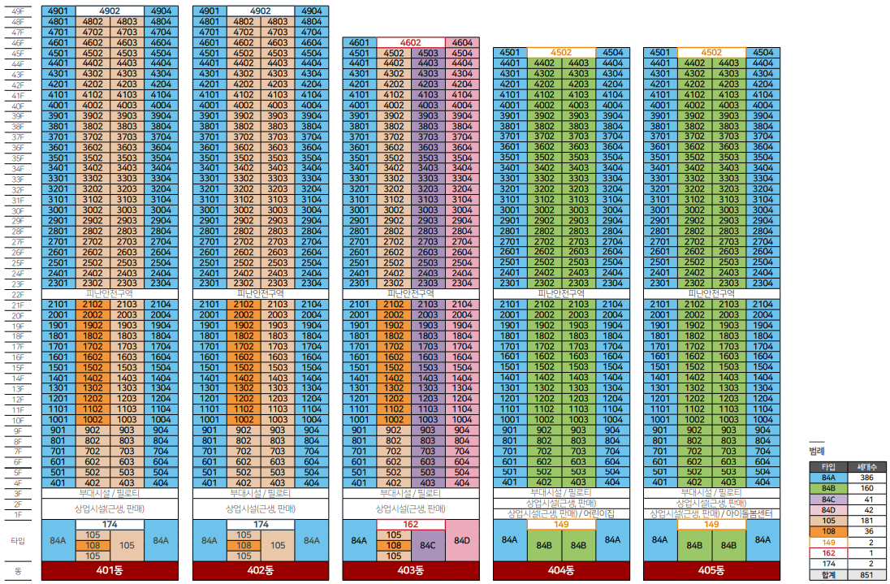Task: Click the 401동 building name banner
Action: [110, 570]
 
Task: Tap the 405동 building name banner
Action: [711, 570]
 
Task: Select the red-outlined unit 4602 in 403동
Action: [410, 42]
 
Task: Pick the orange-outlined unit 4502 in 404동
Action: [561, 52]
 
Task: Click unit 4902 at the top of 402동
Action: [261, 11]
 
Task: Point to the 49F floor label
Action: [18, 11]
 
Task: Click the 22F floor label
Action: [18, 295]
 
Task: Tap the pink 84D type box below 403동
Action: [462, 540]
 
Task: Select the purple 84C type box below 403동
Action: [428, 545]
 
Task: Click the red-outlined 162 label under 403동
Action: [410, 525]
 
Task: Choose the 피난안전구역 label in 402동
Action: [261, 293]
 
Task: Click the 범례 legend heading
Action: [817, 452]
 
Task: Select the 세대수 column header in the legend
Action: [866, 466]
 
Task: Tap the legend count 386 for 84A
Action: [866, 478]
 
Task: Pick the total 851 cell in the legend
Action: [866, 575]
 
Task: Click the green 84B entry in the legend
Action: [829, 488]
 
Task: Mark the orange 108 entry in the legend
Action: [829, 531]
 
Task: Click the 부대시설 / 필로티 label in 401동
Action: [110, 493]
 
